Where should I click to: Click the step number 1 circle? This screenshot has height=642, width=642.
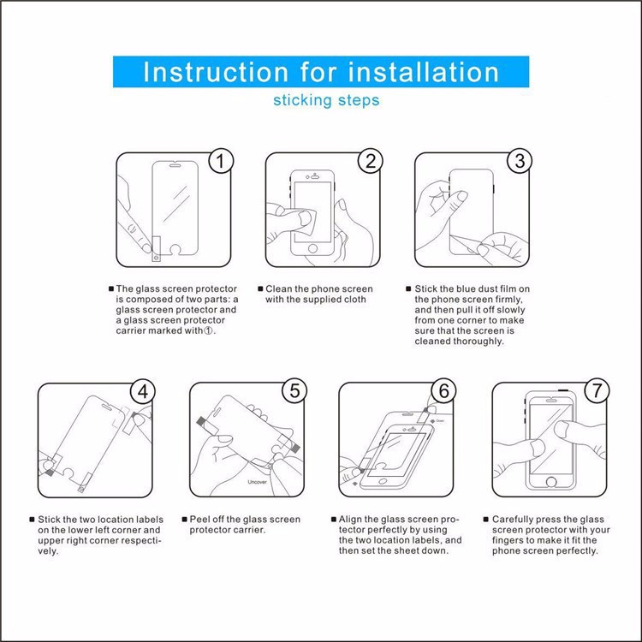click(x=221, y=161)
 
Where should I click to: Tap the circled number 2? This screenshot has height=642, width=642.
click(x=371, y=161)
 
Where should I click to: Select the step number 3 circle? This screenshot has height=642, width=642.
click(x=520, y=161)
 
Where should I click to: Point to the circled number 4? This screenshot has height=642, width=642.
click(x=142, y=391)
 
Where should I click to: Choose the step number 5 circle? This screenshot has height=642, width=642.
click(x=294, y=390)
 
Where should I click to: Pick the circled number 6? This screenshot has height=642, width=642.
click(x=443, y=390)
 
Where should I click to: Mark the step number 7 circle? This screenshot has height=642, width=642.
click(x=597, y=390)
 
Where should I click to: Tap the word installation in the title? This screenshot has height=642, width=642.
click(x=424, y=72)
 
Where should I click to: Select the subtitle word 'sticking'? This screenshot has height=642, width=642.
click(x=302, y=100)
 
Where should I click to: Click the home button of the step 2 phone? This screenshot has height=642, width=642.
click(x=312, y=248)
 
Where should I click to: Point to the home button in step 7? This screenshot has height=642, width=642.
click(x=551, y=481)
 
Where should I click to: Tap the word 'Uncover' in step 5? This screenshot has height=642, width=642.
click(x=257, y=482)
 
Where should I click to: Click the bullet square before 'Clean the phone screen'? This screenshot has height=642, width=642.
click(x=260, y=288)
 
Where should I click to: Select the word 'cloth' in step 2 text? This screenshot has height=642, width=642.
click(x=355, y=300)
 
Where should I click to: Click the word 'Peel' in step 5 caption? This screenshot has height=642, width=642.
click(x=199, y=520)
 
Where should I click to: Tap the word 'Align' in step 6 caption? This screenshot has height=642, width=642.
click(x=349, y=520)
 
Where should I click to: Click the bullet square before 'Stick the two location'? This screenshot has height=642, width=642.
click(x=32, y=520)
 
